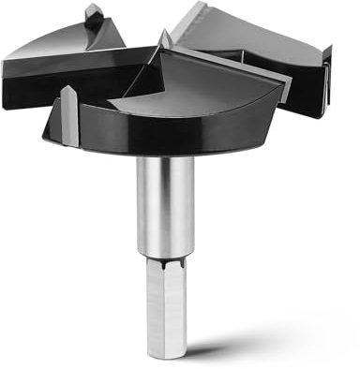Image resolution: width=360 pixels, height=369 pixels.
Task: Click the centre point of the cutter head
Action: pyautogui.click(x=164, y=40)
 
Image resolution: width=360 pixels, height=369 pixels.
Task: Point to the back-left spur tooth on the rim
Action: pyautogui.click(x=95, y=15)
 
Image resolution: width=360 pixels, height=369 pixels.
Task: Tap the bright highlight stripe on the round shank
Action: pyautogui.click(x=151, y=201)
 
